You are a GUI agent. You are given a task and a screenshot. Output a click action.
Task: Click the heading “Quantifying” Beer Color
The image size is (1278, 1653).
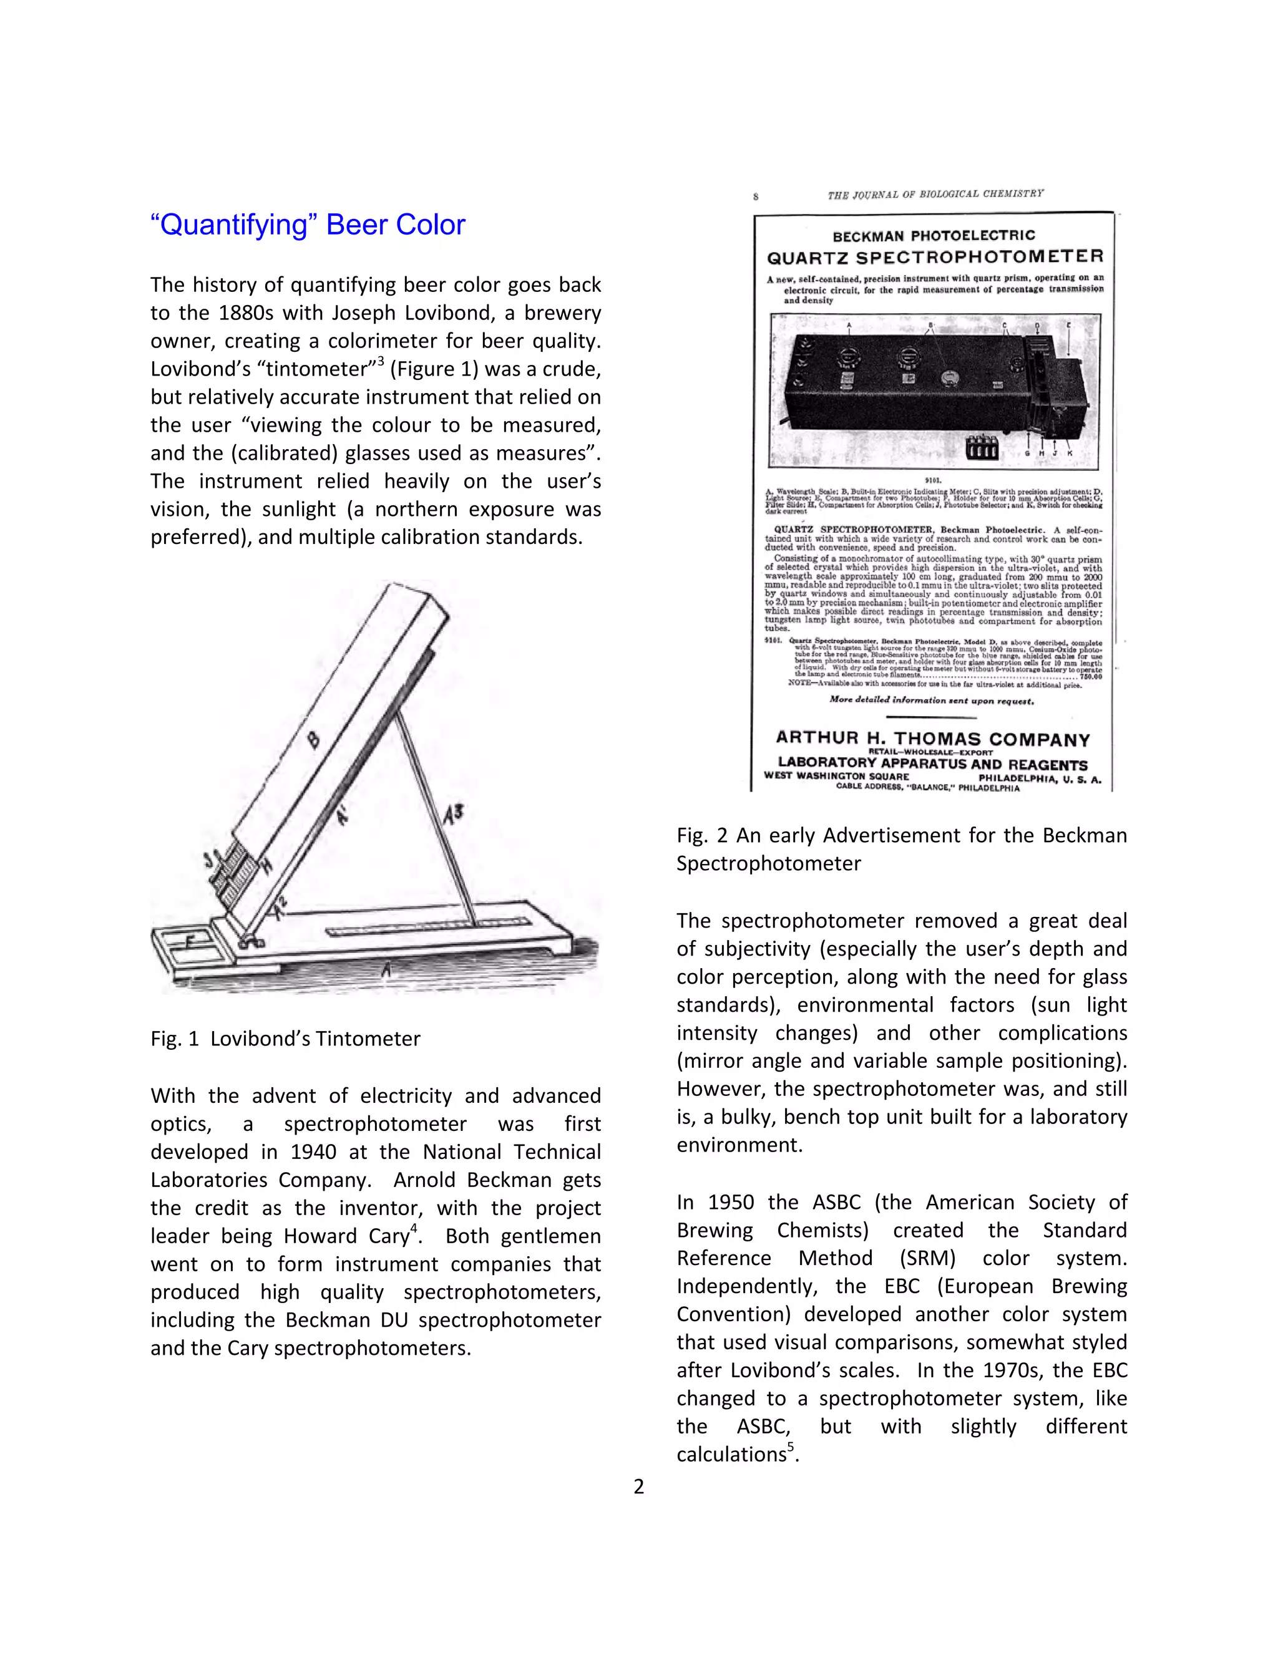coord(308,225)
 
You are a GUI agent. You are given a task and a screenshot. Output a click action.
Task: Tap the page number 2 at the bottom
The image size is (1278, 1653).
coord(638,1486)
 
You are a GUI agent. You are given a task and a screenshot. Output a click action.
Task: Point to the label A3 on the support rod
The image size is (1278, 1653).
coord(453,815)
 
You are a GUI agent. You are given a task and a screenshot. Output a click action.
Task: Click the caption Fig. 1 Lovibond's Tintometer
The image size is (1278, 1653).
coord(285,1039)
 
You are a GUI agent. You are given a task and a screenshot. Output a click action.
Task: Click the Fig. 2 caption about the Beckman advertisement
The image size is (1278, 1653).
coord(901,848)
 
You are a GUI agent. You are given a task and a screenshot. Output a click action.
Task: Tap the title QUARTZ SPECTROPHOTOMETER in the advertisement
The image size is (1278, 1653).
coord(935,256)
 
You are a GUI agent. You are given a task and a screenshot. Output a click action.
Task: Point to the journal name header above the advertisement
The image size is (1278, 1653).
coord(935,194)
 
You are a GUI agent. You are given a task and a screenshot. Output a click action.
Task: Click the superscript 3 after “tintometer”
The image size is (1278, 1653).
coord(381,361)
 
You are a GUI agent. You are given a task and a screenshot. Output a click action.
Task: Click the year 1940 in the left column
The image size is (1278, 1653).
coord(313,1152)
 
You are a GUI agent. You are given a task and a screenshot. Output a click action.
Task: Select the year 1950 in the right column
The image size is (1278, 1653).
coord(731,1202)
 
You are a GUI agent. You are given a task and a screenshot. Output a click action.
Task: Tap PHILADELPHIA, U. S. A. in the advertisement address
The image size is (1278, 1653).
coord(1040,779)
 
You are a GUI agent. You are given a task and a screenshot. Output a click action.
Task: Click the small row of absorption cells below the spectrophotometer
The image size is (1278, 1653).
coord(982,447)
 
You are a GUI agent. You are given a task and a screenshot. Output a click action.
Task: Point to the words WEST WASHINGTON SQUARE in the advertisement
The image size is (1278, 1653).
coord(837,776)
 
